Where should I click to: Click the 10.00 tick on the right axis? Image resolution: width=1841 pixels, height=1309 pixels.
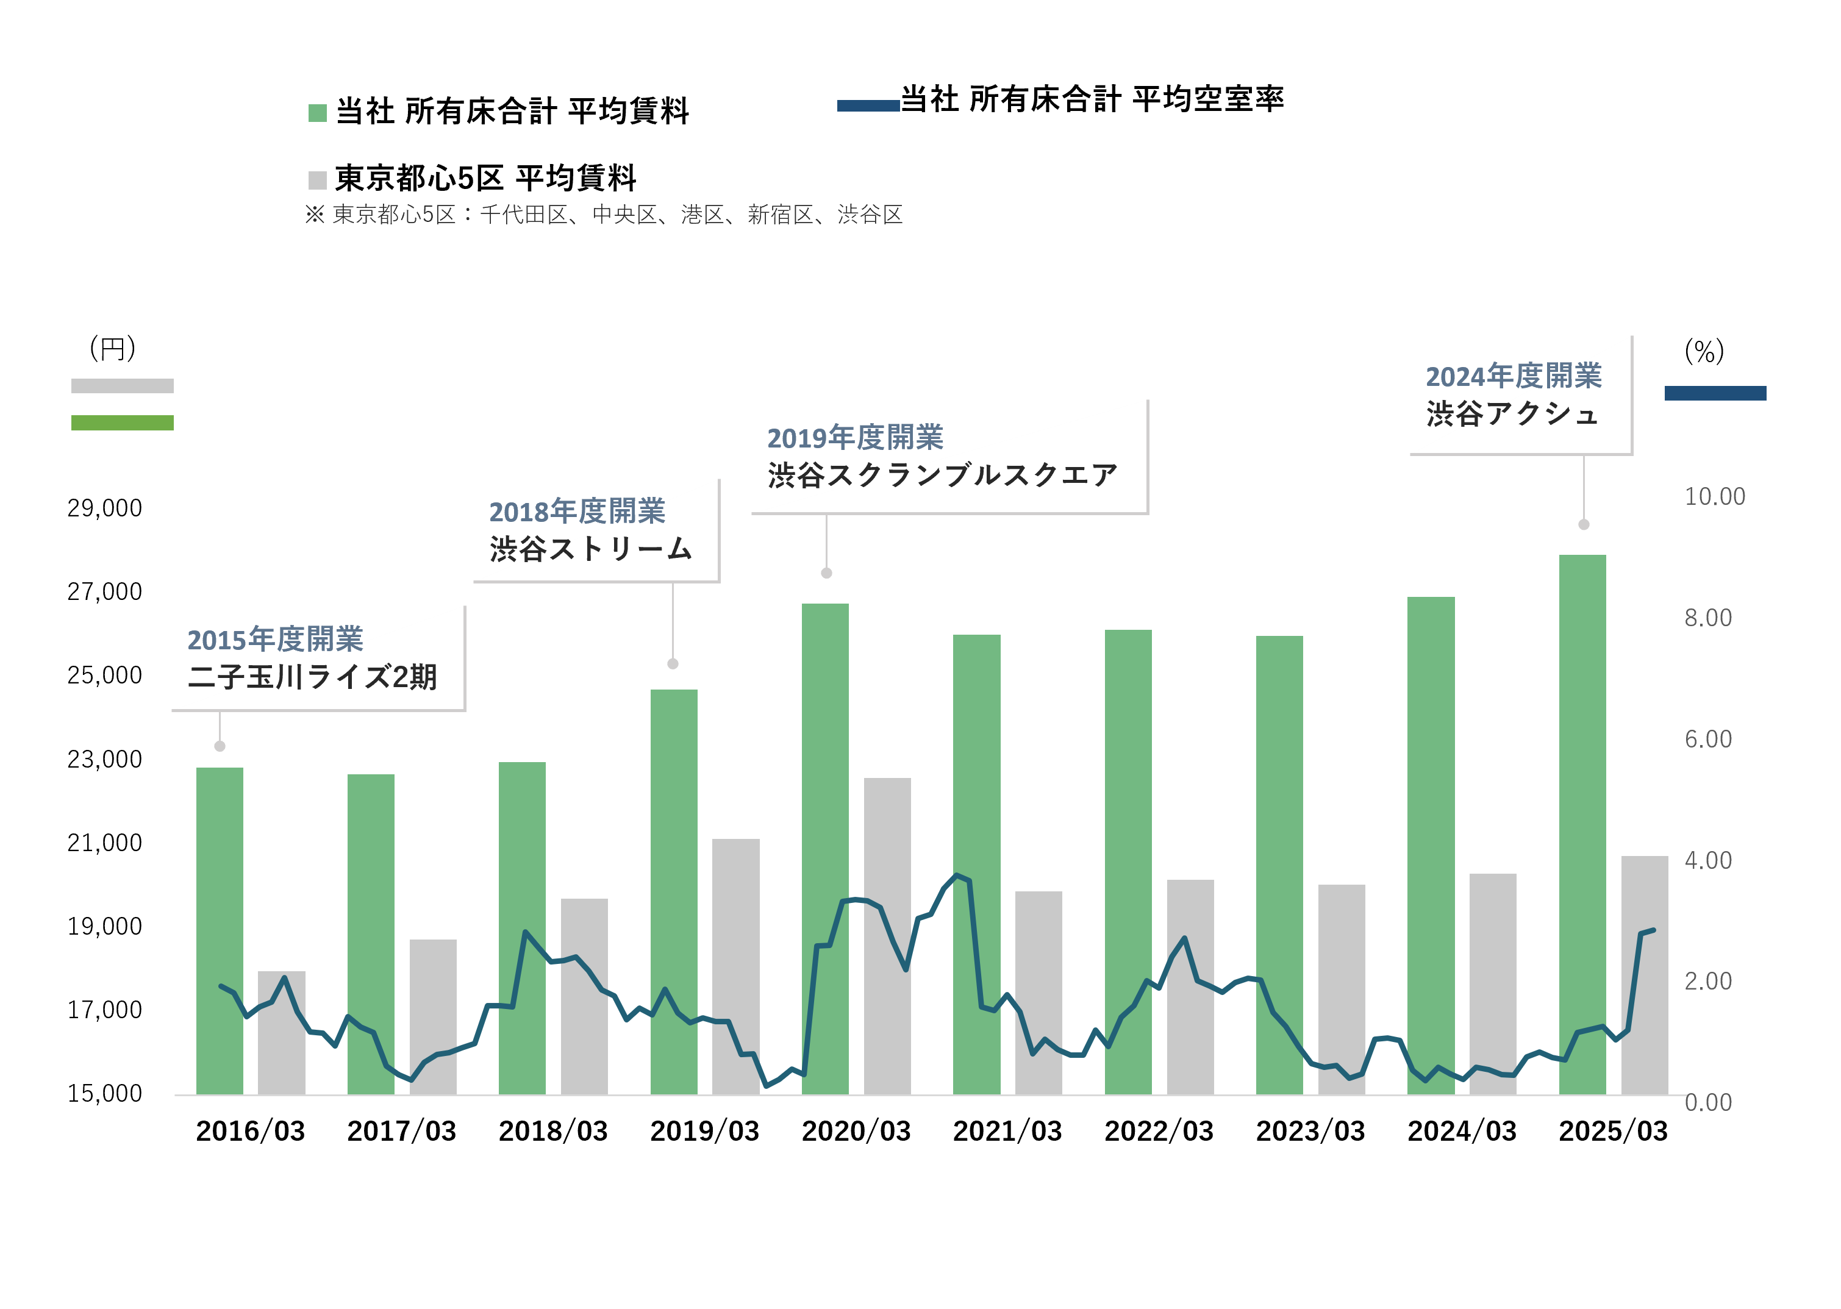pyautogui.click(x=1714, y=496)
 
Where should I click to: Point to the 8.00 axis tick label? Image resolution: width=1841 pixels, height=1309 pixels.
pyautogui.click(x=1708, y=618)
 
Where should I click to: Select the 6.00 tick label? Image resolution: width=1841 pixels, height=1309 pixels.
pyautogui.click(x=1708, y=739)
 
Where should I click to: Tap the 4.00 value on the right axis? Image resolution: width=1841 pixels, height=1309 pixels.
pyautogui.click(x=1708, y=860)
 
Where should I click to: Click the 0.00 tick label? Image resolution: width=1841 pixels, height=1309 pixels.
pyautogui.click(x=1708, y=1103)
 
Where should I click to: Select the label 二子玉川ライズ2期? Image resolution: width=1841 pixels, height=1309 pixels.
pyautogui.click(x=313, y=677)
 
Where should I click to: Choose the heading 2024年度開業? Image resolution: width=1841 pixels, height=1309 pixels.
pyautogui.click(x=1513, y=376)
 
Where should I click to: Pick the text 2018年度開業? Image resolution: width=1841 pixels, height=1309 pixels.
pyautogui.click(x=576, y=511)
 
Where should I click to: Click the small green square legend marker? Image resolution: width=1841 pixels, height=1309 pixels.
pyautogui.click(x=318, y=113)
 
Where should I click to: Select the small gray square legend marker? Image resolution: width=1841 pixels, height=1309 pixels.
pyautogui.click(x=318, y=180)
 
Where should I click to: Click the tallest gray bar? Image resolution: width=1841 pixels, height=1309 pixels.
pyautogui.click(x=887, y=935)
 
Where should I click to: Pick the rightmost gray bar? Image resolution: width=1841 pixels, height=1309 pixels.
pyautogui.click(x=1644, y=976)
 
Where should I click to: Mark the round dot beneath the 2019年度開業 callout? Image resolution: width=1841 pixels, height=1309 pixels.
pyautogui.click(x=826, y=573)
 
